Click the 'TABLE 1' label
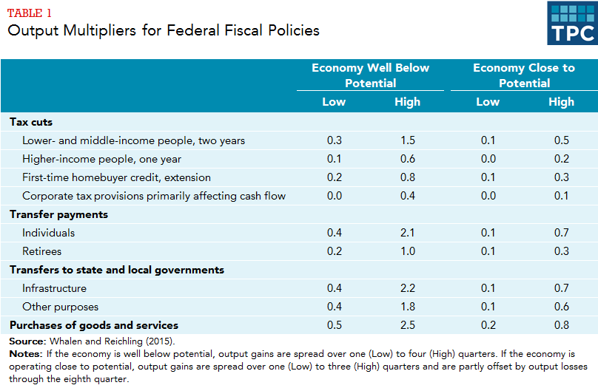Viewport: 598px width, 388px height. [30, 13]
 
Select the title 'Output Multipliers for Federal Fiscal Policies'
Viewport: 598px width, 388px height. [164, 30]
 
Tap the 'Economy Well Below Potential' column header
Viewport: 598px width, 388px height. [370, 75]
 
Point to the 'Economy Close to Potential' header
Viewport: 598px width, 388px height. [523, 75]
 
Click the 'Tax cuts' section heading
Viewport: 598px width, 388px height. [31, 122]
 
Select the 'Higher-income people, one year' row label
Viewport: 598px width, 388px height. [101, 159]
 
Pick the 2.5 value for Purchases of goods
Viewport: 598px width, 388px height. [407, 325]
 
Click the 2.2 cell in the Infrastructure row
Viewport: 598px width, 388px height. [407, 288]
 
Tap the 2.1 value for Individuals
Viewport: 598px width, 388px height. [407, 233]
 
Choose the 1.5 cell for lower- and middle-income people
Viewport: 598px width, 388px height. [407, 140]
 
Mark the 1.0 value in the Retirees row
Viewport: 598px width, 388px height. [407, 251]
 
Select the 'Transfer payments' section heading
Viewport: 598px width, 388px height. [59, 214]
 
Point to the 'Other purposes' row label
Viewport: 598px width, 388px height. [60, 307]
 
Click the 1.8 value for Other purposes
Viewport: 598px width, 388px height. [407, 307]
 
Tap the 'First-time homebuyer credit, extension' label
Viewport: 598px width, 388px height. [116, 177]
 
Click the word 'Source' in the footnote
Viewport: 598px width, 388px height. [25, 341]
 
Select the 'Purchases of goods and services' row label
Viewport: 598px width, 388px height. [94, 325]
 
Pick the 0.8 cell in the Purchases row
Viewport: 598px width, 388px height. [561, 325]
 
